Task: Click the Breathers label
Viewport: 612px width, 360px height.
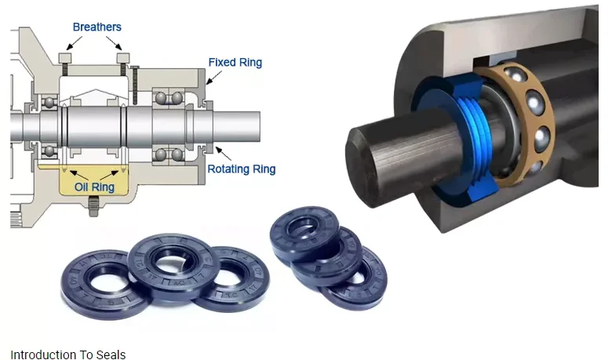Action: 97,27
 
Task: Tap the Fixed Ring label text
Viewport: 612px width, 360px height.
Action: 235,63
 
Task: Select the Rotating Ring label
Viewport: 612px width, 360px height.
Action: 241,169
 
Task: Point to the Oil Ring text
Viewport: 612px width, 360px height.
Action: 94,187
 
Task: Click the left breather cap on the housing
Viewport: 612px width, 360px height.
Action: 65,58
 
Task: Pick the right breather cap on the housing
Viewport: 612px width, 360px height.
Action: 123,58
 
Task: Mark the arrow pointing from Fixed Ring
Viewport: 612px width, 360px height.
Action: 214,77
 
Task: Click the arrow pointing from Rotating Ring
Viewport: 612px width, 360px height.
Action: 224,153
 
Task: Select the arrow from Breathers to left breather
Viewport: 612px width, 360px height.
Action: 75,43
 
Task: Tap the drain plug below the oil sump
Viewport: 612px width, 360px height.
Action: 93,206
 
